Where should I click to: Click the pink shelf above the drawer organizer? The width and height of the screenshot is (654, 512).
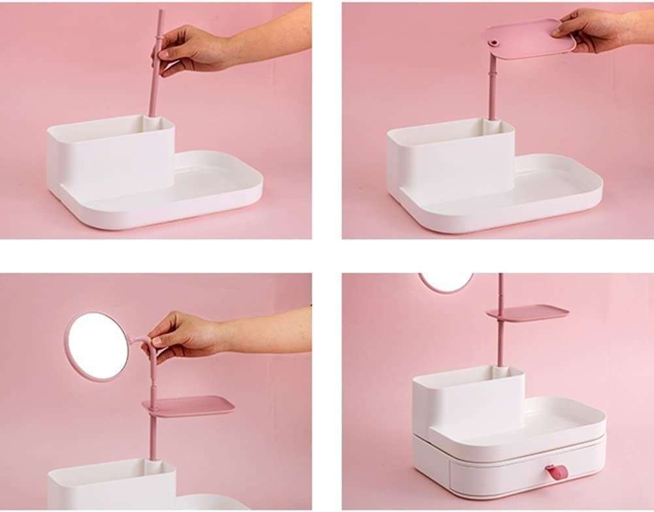pyautogui.click(x=528, y=313)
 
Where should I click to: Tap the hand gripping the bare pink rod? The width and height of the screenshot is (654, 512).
pyautogui.click(x=189, y=49)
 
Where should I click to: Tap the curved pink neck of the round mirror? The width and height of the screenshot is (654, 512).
pyautogui.click(x=139, y=341)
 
